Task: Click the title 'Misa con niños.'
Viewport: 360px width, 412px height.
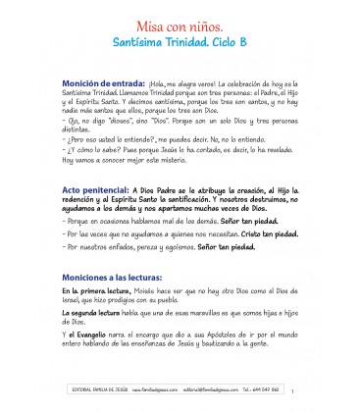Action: click(180, 23)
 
